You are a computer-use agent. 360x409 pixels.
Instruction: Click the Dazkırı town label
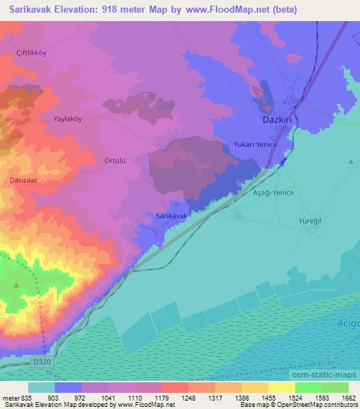point(276,120)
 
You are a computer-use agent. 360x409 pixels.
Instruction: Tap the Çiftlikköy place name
point(32,53)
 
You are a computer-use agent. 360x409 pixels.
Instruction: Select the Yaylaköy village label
point(68,119)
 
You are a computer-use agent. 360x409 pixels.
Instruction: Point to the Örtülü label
point(115,160)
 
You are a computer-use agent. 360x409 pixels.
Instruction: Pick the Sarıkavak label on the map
point(171,216)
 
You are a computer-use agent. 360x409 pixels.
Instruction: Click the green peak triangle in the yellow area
point(17,285)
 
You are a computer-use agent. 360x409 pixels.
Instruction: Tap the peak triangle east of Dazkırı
point(350,162)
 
